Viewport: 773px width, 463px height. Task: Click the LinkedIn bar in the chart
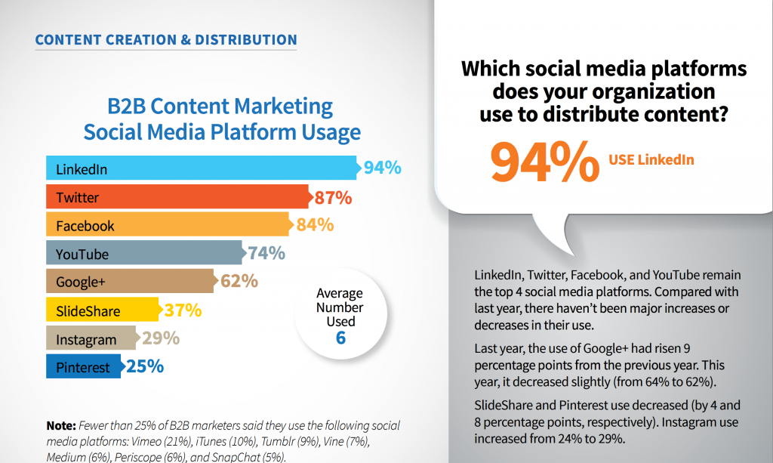[201, 168]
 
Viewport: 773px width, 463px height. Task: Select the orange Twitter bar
[178, 197]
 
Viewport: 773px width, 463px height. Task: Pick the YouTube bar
[143, 254]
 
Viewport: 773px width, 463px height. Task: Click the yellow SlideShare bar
[102, 310]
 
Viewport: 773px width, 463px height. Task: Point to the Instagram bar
[91, 338]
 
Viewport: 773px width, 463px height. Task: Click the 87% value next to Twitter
[333, 198]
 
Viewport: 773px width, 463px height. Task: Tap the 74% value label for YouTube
[266, 254]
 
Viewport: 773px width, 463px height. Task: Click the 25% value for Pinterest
[145, 368]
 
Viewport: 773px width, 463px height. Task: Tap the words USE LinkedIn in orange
[651, 159]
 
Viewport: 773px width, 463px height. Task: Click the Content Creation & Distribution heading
[166, 39]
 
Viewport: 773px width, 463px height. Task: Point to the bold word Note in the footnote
[60, 425]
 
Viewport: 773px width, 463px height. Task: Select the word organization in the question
[642, 92]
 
